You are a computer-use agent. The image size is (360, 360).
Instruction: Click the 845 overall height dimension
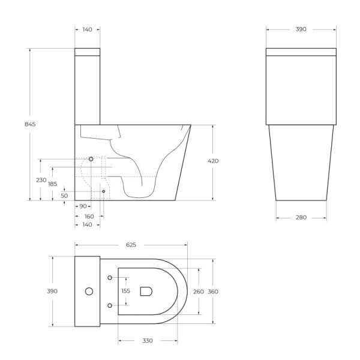(30, 124)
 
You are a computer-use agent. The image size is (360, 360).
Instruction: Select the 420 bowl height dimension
(213, 161)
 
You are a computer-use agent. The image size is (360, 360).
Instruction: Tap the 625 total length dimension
(131, 245)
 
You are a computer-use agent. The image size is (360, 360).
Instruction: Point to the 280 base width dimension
(301, 217)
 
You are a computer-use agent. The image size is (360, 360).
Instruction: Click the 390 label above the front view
(301, 29)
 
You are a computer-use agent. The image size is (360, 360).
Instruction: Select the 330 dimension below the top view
(148, 341)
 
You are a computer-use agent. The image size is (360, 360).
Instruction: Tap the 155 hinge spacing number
(125, 291)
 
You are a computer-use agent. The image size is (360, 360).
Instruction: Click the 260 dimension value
(198, 291)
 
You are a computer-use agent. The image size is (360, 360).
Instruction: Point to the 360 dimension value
(214, 291)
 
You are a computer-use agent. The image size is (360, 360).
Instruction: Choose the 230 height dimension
(41, 180)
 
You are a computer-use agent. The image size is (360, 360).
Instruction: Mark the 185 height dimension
(53, 184)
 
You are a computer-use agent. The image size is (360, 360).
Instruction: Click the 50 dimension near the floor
(64, 196)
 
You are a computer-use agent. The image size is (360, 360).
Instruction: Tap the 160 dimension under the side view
(89, 215)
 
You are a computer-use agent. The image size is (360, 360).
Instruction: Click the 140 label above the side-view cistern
(88, 29)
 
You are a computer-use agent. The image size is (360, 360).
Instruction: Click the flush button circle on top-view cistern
(89, 292)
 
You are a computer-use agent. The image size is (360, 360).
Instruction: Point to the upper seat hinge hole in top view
(110, 277)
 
